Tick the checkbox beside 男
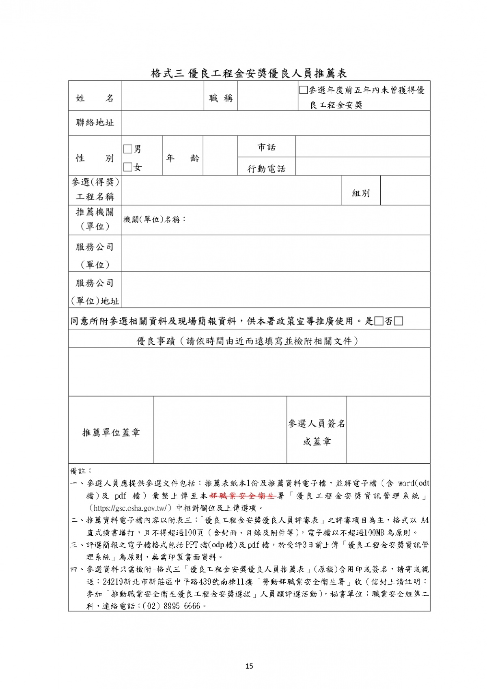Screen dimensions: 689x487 (128, 149)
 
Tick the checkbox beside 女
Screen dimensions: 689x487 (128, 167)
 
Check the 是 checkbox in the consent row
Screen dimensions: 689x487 (379, 321)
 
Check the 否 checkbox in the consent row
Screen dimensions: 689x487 (399, 321)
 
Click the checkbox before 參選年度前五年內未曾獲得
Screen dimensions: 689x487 (303, 90)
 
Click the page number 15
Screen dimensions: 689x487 (249, 666)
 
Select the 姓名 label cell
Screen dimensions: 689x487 (95, 98)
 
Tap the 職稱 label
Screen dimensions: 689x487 (221, 98)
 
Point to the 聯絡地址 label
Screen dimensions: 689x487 (95, 123)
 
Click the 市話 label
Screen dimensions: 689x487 (266, 147)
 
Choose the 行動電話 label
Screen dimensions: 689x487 (266, 168)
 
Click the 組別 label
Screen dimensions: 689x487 (361, 193)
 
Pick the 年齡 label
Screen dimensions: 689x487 (183, 158)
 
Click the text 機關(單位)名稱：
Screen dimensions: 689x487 (155, 220)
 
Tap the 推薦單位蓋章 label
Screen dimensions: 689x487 (111, 432)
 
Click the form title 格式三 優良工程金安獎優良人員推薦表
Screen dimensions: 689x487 (249, 73)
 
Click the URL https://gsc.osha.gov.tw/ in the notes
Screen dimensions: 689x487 (130, 508)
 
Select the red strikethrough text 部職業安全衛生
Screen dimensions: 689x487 (243, 496)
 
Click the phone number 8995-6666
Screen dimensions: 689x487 (181, 606)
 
